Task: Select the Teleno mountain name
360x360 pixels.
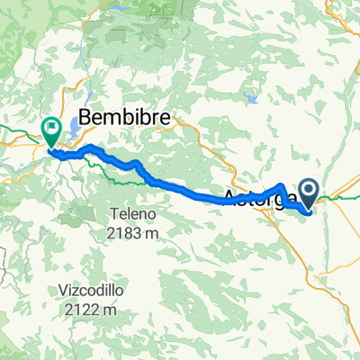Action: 134,215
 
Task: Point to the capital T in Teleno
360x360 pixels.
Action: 115,215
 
